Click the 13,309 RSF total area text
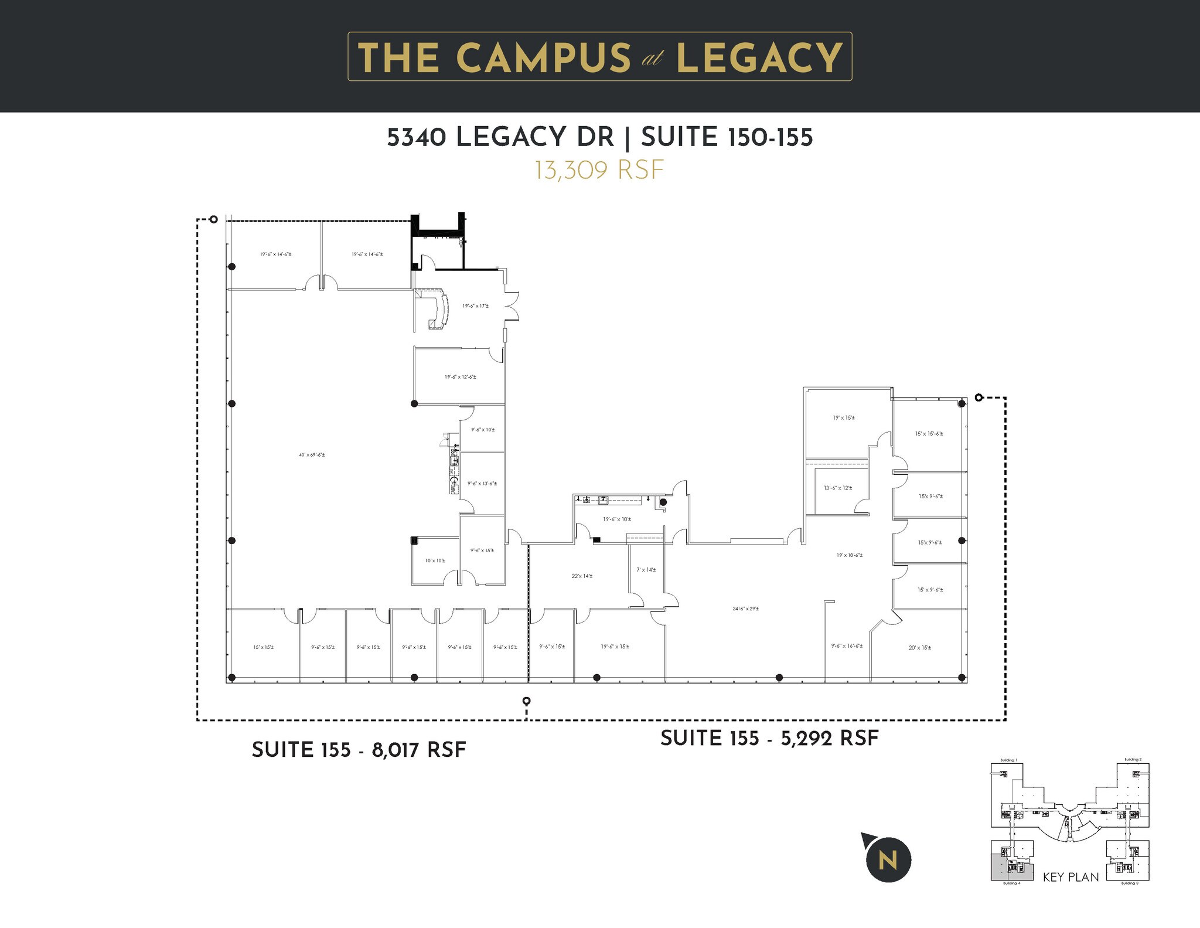pyautogui.click(x=599, y=170)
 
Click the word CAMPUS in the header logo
pyautogui.click(x=543, y=57)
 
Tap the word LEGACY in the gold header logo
pyautogui.click(x=759, y=57)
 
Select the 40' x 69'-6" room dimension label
pyautogui.click(x=312, y=455)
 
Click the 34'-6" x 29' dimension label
pyautogui.click(x=745, y=609)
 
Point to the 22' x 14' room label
pyautogui.click(x=582, y=576)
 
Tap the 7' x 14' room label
pyautogui.click(x=646, y=570)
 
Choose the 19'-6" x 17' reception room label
pyautogui.click(x=475, y=306)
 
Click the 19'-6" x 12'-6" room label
pyautogui.click(x=460, y=377)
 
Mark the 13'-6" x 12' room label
pyautogui.click(x=837, y=488)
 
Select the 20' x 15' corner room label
pyautogui.click(x=919, y=648)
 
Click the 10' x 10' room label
pyautogui.click(x=435, y=560)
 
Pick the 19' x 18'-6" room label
pyautogui.click(x=849, y=555)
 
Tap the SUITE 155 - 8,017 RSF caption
pyautogui.click(x=359, y=750)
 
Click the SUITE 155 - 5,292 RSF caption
pyautogui.click(x=769, y=738)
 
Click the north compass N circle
pyautogui.click(x=888, y=861)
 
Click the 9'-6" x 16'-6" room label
pyautogui.click(x=846, y=645)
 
